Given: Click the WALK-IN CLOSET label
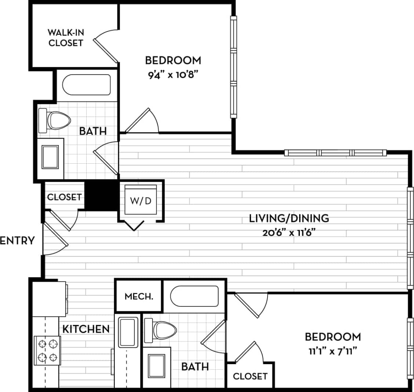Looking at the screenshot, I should point(66,37).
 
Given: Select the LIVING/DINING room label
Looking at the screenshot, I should point(289,218).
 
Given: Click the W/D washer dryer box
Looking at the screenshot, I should point(141,200).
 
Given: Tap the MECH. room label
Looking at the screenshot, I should point(139,296).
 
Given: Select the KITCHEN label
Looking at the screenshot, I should point(86,329).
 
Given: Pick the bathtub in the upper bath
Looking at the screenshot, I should point(86,85).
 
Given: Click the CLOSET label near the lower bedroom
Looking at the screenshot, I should point(250,376).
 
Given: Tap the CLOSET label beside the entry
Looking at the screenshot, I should point(64,197).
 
